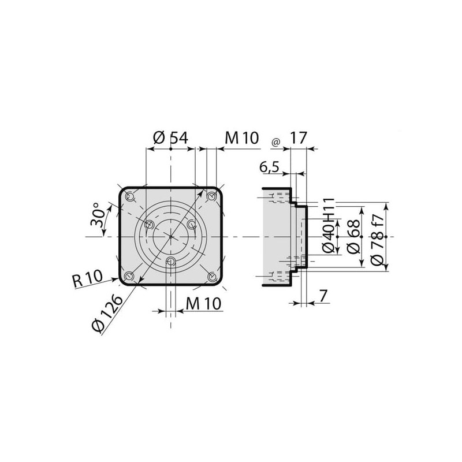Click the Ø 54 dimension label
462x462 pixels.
(x=170, y=138)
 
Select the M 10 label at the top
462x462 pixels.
(x=242, y=138)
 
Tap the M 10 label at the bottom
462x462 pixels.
(x=204, y=304)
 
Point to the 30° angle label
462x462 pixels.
(x=98, y=214)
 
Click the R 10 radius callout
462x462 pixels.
(x=88, y=279)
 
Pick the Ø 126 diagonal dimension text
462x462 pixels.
(x=107, y=314)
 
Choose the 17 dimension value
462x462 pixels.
(x=299, y=138)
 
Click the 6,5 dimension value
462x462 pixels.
(x=269, y=167)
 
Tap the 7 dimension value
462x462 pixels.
(x=323, y=296)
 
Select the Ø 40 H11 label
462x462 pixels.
(x=329, y=225)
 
